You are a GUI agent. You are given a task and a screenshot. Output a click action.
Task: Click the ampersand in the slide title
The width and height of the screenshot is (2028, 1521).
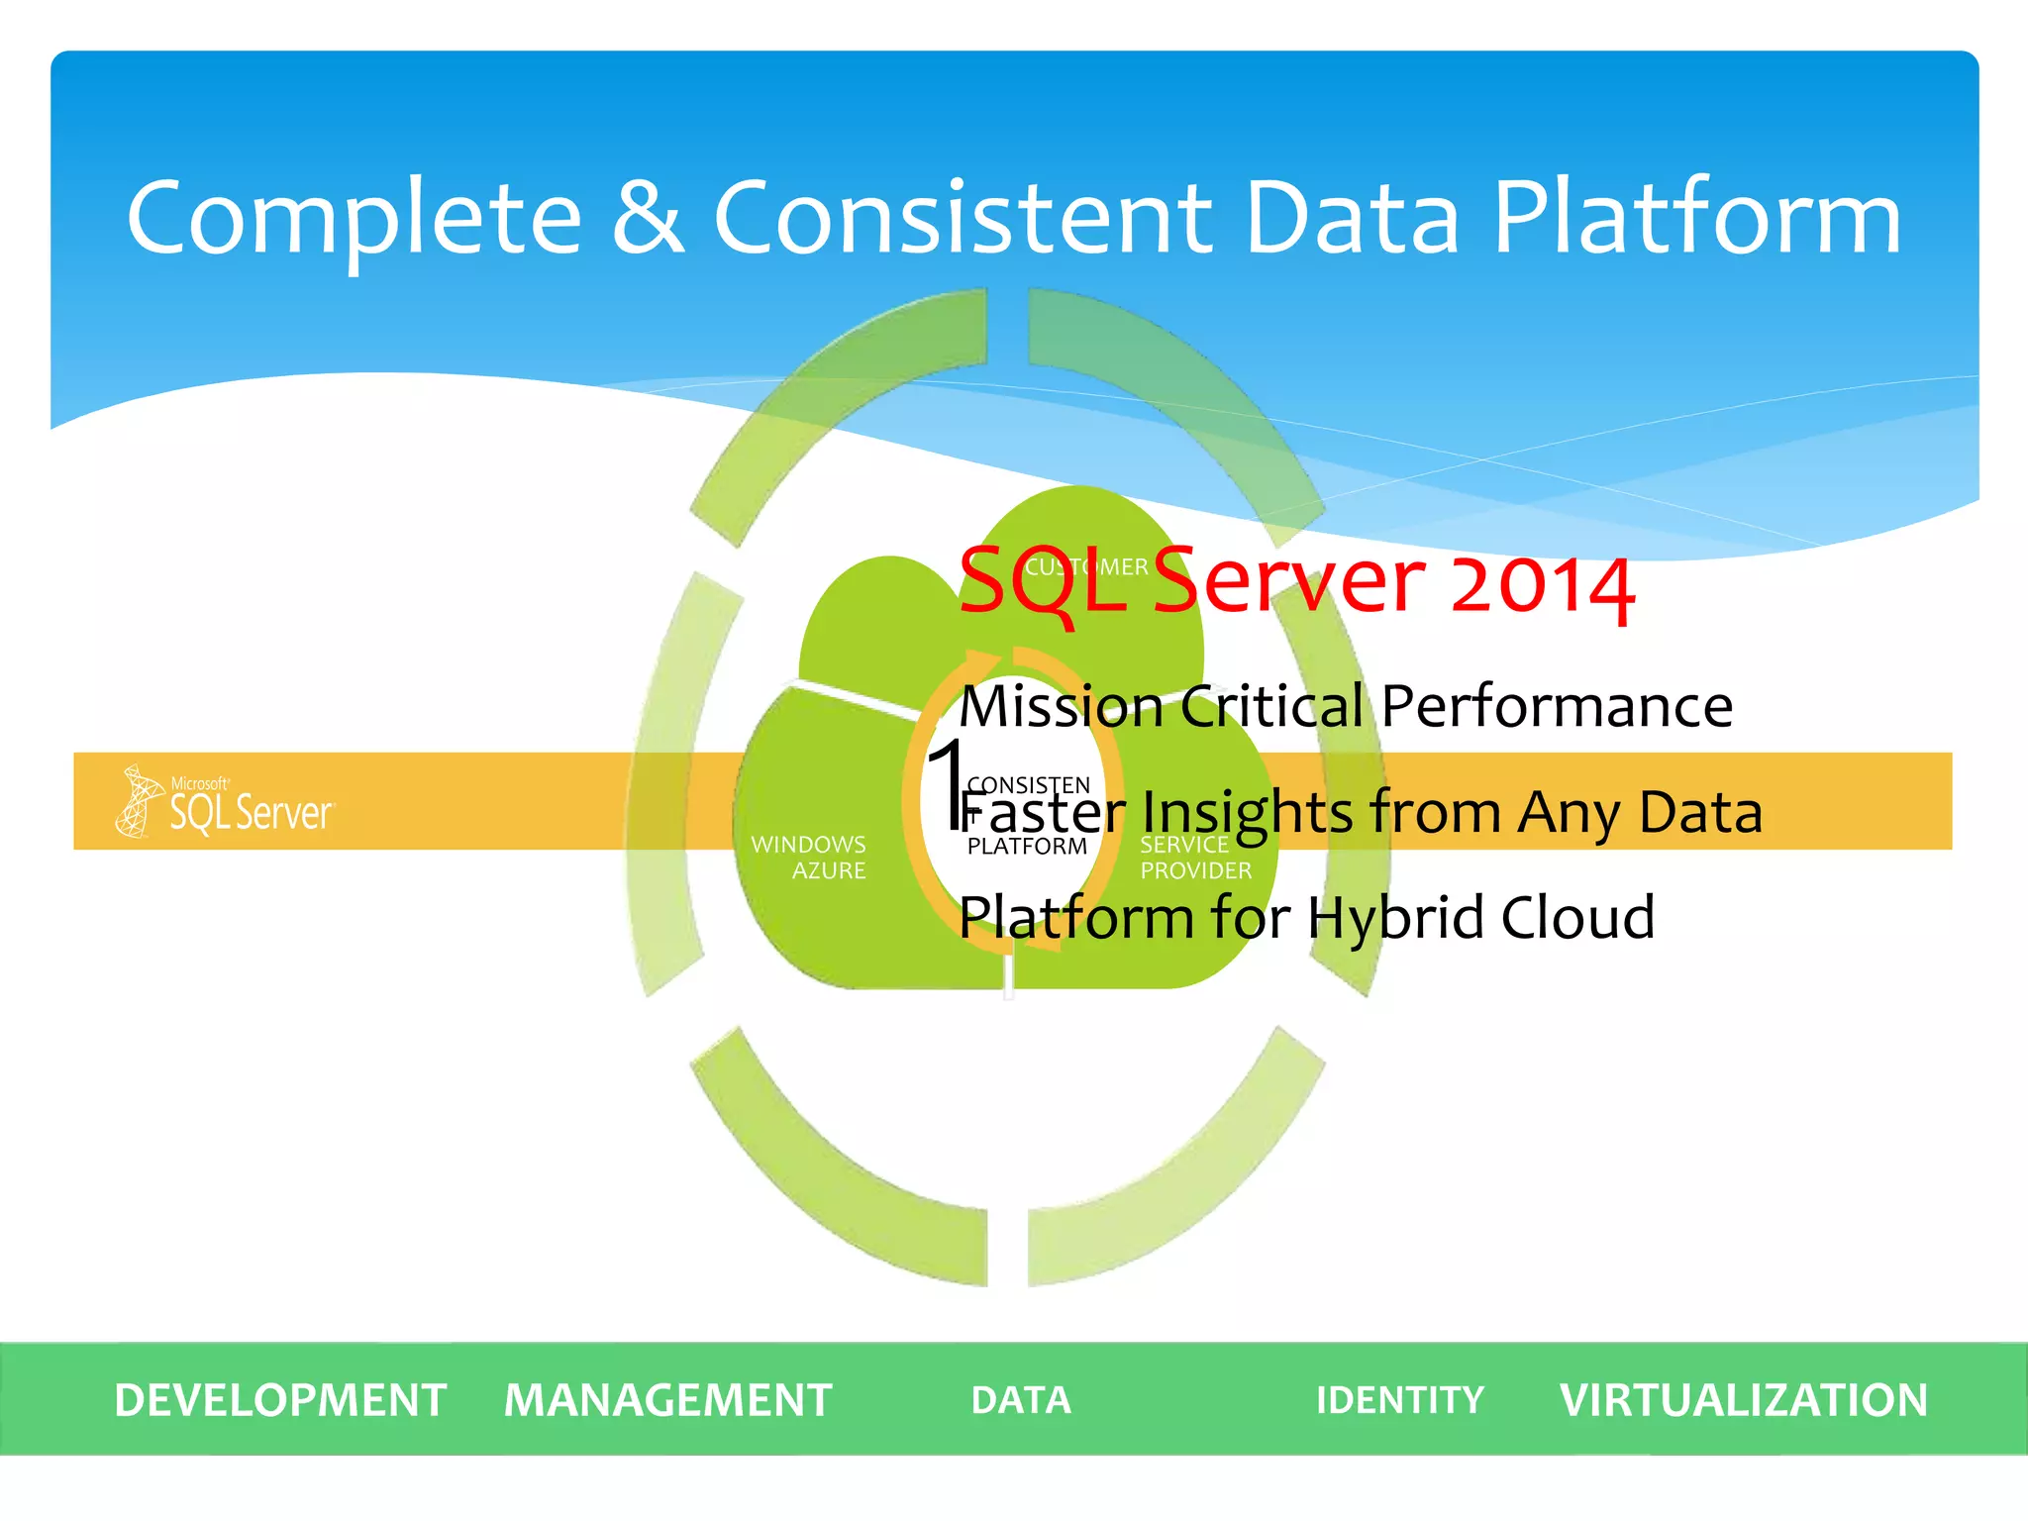point(649,218)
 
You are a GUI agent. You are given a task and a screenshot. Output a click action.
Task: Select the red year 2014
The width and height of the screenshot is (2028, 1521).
point(1542,584)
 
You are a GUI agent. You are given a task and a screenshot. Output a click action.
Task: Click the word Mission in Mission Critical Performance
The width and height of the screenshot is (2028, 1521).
point(1061,707)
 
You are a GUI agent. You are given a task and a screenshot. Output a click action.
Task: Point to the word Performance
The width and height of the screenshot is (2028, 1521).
point(1557,707)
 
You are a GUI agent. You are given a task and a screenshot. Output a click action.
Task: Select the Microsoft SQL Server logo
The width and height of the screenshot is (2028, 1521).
point(226,801)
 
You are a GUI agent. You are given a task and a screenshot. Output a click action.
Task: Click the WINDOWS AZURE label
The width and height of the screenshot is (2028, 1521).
point(809,858)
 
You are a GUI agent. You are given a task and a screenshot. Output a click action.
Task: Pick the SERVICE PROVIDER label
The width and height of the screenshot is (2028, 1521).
point(1195,858)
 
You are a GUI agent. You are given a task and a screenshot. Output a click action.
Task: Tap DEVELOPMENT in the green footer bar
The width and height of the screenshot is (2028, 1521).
point(280,1400)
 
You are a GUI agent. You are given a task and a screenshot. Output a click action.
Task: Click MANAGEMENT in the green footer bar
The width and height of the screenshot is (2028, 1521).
point(667,1400)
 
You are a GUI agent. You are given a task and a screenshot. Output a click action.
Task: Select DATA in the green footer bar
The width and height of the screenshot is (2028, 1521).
point(1021,1400)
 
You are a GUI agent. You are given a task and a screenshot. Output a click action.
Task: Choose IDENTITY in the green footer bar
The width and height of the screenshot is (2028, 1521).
point(1399,1400)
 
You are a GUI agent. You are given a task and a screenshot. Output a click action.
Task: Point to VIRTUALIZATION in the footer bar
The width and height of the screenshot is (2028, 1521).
point(1743,1400)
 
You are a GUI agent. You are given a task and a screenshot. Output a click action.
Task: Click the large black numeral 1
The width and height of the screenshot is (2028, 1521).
point(947,782)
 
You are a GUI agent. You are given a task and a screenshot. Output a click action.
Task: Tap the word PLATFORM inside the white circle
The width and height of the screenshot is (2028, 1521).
point(1027,847)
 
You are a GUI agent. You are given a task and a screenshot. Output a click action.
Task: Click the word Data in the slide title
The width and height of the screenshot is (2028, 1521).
point(1352,218)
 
